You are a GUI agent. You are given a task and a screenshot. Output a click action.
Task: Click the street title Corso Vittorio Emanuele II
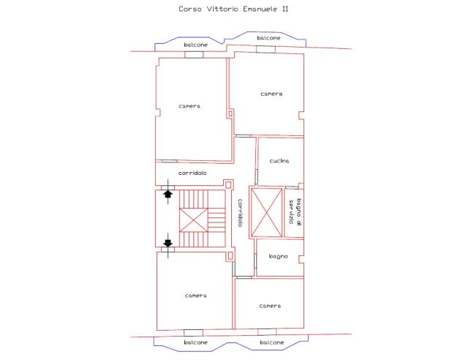pyautogui.click(x=233, y=9)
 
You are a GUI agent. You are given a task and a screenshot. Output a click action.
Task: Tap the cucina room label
pyautogui.click(x=279, y=161)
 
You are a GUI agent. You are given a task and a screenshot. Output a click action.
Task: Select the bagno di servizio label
pyautogui.click(x=295, y=211)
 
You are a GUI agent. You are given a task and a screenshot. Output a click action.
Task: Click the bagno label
pyautogui.click(x=278, y=257)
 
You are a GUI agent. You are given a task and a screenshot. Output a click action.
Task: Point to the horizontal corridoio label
pyautogui.click(x=192, y=173)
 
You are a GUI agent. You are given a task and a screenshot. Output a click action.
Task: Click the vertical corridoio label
pyautogui.click(x=240, y=213)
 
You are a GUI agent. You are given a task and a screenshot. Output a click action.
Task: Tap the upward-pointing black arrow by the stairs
pyautogui.click(x=168, y=193)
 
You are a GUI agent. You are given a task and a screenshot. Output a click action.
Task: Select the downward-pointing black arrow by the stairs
pyautogui.click(x=168, y=243)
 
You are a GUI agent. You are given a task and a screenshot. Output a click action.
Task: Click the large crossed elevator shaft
pyautogui.click(x=266, y=212)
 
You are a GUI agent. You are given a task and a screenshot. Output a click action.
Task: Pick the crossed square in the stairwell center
pyautogui.click(x=193, y=220)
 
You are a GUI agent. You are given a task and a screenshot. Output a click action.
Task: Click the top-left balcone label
pyautogui.click(x=195, y=45)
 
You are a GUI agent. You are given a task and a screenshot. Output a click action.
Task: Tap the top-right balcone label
pyautogui.click(x=268, y=38)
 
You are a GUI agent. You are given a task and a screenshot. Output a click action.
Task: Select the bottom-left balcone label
pyautogui.click(x=195, y=342)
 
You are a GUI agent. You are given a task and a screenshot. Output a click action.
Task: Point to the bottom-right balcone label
pyautogui.click(x=271, y=342)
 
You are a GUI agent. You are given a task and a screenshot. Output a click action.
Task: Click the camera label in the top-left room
pyautogui.click(x=189, y=106)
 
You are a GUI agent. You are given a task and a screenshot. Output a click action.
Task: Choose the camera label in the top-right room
pyautogui.click(x=271, y=94)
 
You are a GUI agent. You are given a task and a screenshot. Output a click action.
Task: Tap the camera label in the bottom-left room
pyautogui.click(x=195, y=296)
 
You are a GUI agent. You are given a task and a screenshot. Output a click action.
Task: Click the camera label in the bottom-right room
pyautogui.click(x=270, y=306)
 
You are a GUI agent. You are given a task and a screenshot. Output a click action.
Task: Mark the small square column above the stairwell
pyautogui.click(x=228, y=184)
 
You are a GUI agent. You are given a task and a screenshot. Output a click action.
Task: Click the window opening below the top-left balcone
pyautogui.click(x=194, y=55)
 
